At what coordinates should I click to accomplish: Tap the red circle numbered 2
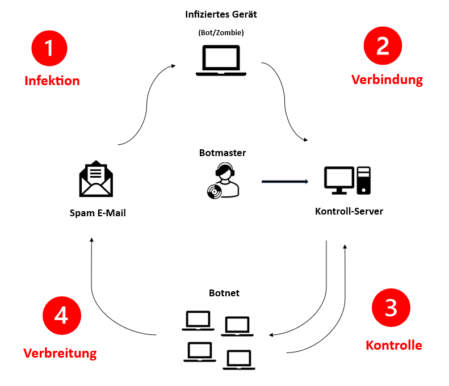(383, 45)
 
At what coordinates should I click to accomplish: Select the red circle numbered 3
(391, 307)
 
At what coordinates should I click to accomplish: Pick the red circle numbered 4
(62, 315)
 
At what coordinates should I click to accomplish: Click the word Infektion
(52, 81)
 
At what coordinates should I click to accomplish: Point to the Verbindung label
(387, 79)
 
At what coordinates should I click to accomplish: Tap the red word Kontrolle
(393, 345)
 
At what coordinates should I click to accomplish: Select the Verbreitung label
(60, 353)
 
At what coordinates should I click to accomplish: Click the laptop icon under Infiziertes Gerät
(221, 61)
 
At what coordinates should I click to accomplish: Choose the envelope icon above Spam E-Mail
(96, 178)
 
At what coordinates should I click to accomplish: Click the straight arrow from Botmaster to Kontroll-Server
(284, 182)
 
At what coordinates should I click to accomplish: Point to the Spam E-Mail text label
(98, 213)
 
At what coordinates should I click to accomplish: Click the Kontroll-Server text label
(349, 211)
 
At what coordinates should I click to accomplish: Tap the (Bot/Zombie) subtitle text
(221, 33)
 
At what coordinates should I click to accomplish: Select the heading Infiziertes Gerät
(221, 14)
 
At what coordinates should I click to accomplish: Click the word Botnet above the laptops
(224, 293)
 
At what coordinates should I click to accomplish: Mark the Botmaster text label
(223, 153)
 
